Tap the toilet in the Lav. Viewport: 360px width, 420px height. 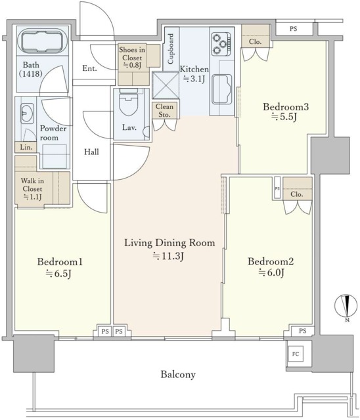pyautogui.click(x=129, y=102)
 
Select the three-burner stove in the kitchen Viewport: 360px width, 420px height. pyautogui.click(x=221, y=45)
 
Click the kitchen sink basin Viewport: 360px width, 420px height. pyautogui.click(x=221, y=89)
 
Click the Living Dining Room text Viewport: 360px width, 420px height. pyautogui.click(x=169, y=243)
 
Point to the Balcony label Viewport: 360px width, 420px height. pyautogui.click(x=178, y=374)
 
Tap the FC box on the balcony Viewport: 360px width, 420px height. pyautogui.click(x=296, y=354)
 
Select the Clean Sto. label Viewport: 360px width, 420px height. pyautogui.click(x=164, y=110)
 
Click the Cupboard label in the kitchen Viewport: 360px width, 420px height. pyautogui.click(x=170, y=49)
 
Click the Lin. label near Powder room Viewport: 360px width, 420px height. pyautogui.click(x=26, y=147)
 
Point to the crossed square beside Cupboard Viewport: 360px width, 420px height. pyautogui.click(x=166, y=85)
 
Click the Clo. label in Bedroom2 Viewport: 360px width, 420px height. pyautogui.click(x=297, y=194)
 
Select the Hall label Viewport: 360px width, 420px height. pyautogui.click(x=91, y=152)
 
